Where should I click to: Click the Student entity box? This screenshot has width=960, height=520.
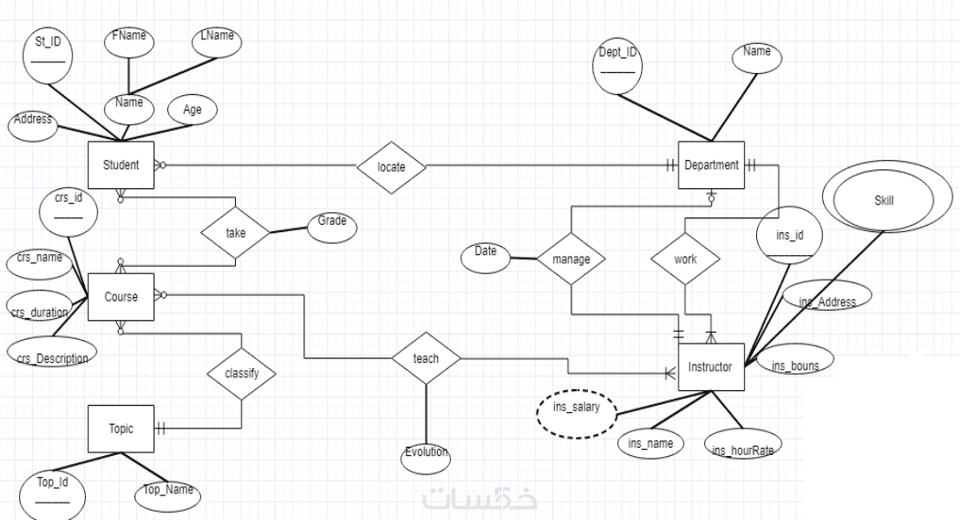click(120, 165)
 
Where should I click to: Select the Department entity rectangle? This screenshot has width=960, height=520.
click(710, 165)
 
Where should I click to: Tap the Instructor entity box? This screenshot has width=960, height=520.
click(710, 367)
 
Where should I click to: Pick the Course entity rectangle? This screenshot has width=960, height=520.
click(120, 296)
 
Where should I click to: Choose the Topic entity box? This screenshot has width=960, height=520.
click(120, 428)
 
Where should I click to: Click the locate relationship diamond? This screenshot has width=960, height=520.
click(390, 167)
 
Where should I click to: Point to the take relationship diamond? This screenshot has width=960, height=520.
click(236, 233)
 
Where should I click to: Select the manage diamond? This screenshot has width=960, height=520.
click(571, 259)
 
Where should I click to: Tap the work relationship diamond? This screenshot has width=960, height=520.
click(684, 259)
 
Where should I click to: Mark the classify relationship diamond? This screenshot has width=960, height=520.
click(241, 374)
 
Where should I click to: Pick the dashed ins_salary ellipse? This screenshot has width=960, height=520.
click(576, 409)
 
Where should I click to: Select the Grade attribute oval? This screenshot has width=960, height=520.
click(331, 225)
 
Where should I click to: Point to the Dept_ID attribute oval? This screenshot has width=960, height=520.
click(617, 66)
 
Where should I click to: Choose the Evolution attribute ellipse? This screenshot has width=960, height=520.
click(426, 454)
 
